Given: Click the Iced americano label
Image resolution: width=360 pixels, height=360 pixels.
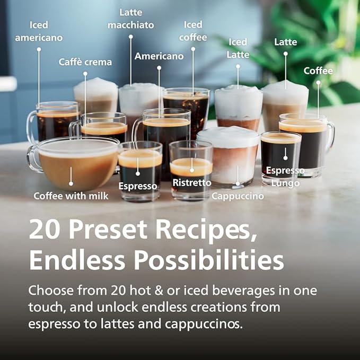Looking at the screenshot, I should [39, 31].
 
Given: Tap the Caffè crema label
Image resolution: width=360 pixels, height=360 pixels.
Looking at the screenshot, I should [85, 62].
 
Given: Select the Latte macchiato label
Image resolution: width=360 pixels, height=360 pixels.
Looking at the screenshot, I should [130, 19].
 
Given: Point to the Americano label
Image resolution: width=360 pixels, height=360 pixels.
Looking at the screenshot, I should [159, 56].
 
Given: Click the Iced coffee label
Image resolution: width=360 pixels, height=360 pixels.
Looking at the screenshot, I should [193, 31].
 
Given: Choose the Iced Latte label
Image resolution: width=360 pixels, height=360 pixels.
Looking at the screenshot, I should [238, 48].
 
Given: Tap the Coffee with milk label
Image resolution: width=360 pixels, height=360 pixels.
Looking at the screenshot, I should [71, 196].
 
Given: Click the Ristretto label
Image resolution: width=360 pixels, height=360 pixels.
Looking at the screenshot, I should [191, 183].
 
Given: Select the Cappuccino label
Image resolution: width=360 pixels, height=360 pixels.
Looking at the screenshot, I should [238, 196].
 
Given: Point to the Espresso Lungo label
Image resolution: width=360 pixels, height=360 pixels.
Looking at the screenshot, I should [285, 177].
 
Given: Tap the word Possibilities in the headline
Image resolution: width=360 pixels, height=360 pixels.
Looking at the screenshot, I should [208, 260].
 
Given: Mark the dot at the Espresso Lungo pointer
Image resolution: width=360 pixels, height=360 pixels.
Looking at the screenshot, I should [285, 157].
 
